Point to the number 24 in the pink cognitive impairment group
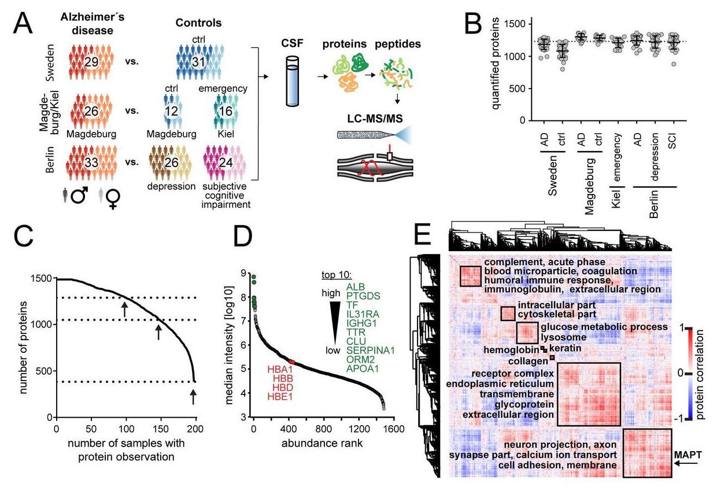click(x=226, y=163)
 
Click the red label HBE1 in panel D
click(x=279, y=396)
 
